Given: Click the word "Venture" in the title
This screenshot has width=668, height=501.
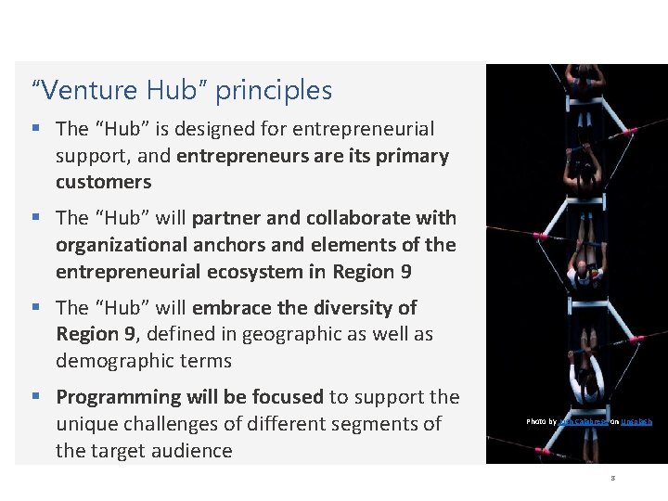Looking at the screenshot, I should [x=90, y=91].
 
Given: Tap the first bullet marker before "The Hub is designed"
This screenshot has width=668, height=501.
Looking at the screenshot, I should [x=36, y=129].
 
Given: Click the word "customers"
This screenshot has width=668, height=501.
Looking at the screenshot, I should [x=103, y=182].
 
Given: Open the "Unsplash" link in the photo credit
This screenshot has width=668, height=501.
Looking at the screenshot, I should [x=636, y=422].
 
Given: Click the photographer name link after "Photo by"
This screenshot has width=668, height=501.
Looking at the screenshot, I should [x=582, y=422].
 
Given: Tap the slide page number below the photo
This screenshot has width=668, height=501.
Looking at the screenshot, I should [x=613, y=479].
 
